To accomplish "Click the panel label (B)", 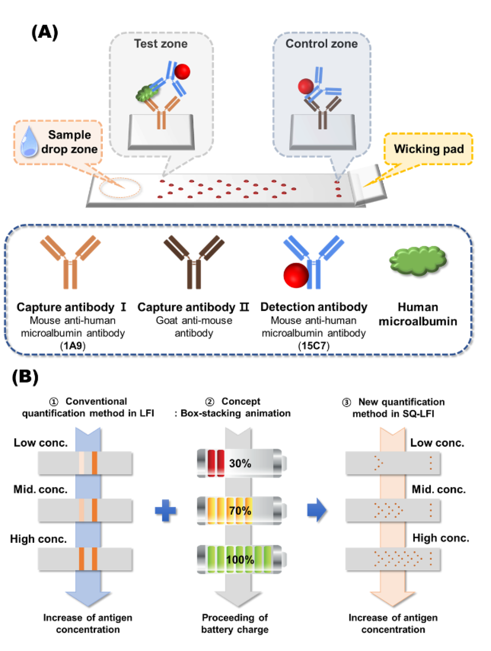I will click(25, 377).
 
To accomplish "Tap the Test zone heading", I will click(161, 44).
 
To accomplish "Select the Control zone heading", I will click(321, 44).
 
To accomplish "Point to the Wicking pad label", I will click(429, 149).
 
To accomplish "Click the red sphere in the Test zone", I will click(182, 72).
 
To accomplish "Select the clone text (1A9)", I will click(73, 345).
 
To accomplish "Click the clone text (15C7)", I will click(314, 345).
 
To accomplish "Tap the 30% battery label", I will click(240, 463).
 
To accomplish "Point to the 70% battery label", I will click(240, 511).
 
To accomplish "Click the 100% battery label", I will click(240, 560).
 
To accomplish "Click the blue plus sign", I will click(166, 511).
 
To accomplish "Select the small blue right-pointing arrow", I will click(317, 510).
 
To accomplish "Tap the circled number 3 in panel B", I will click(347, 402).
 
